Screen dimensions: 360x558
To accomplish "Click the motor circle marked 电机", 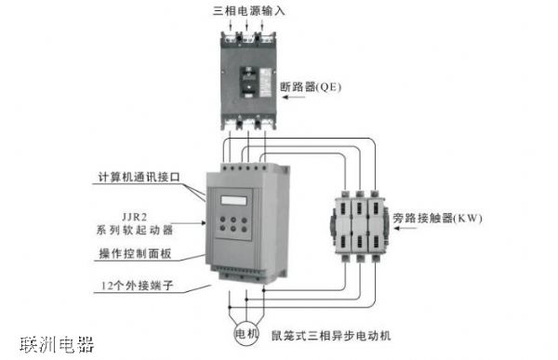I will click(246, 332).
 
